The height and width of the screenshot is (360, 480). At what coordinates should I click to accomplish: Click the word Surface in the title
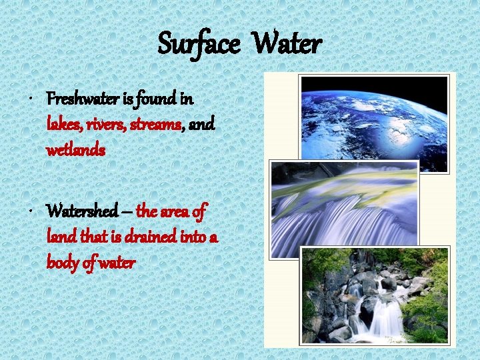(199, 44)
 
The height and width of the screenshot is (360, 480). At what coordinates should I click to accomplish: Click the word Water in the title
(288, 44)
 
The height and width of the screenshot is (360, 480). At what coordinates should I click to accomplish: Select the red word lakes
(62, 125)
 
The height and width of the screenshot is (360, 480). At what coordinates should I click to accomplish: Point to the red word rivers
(101, 125)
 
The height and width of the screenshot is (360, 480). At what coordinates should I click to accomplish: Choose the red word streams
(153, 125)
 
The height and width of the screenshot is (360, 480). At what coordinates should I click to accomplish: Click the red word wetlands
(75, 150)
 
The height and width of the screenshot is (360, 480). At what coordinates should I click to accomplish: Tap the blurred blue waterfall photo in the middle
(344, 208)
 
